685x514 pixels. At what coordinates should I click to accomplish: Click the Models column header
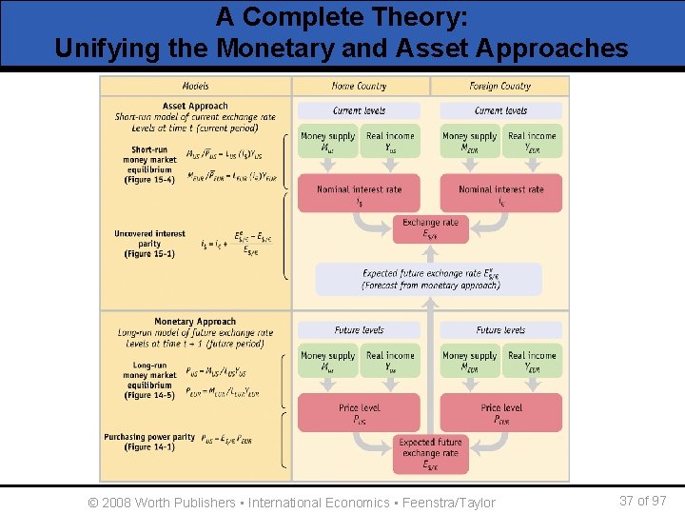pyautogui.click(x=195, y=86)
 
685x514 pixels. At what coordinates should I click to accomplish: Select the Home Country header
pyautogui.click(x=360, y=86)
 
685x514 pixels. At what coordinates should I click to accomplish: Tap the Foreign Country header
pyautogui.click(x=500, y=86)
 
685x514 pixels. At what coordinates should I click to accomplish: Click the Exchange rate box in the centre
pyautogui.click(x=430, y=228)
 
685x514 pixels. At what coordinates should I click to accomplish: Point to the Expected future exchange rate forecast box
pyautogui.click(x=430, y=279)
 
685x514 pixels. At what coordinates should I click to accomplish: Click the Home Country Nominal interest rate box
pyautogui.click(x=359, y=194)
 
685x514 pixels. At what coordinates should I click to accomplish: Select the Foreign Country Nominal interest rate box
pyautogui.click(x=500, y=194)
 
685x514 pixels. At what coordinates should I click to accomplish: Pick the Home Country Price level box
pyautogui.click(x=359, y=413)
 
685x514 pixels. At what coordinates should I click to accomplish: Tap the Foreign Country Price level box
pyautogui.click(x=500, y=413)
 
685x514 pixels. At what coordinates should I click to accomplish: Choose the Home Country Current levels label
pyautogui.click(x=359, y=110)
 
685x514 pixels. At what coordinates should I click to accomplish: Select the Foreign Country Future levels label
pyautogui.click(x=500, y=330)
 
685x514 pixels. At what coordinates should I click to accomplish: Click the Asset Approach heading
pyautogui.click(x=194, y=106)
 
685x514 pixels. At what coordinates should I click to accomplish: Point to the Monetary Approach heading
pyautogui.click(x=195, y=322)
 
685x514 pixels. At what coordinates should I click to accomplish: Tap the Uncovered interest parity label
pyautogui.click(x=149, y=244)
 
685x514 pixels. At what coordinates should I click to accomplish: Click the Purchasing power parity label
pyautogui.click(x=149, y=442)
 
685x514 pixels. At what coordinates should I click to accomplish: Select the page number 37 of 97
pyautogui.click(x=642, y=501)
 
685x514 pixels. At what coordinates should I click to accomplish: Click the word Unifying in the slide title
pyautogui.click(x=102, y=48)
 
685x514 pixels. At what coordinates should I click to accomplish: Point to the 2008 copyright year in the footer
pyautogui.click(x=117, y=502)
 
